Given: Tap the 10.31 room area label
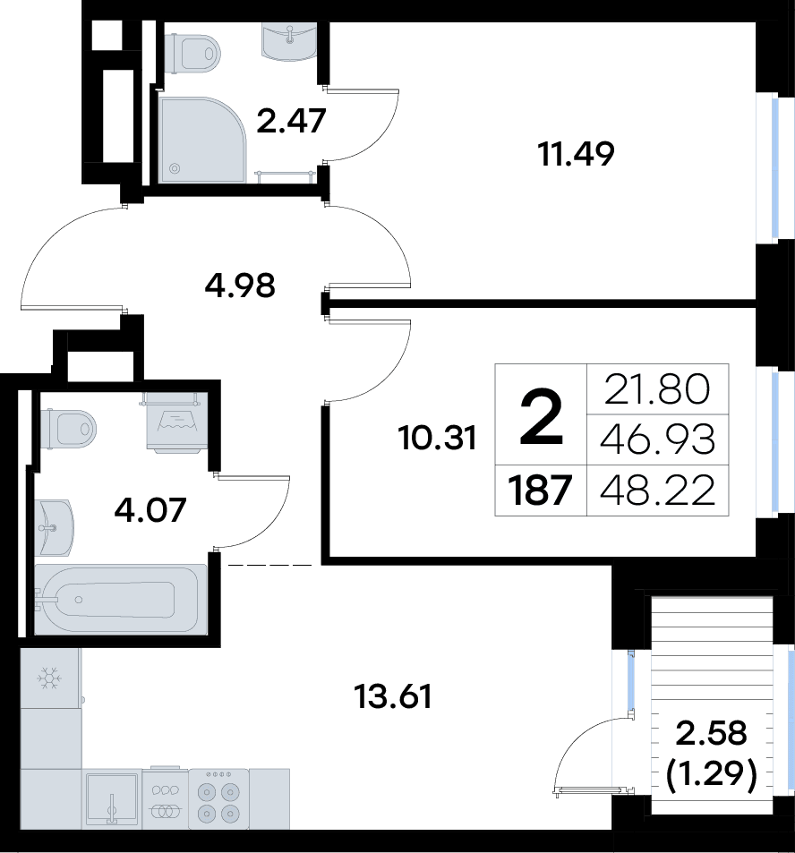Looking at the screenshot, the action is pos(438,438).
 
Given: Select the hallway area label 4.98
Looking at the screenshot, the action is pos(240,286).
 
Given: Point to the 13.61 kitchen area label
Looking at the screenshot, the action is pos(393,697).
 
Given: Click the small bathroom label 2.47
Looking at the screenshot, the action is pos(291,121).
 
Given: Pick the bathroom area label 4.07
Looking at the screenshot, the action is pos(150,510).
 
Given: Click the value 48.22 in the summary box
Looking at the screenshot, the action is pos(657,490).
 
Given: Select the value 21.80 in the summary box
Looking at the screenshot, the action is pos(657,389).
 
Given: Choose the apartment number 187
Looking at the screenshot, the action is pos(540,490).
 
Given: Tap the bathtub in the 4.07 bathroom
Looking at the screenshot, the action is pos(121,600).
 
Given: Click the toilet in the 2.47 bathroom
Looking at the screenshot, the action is pos(193,54).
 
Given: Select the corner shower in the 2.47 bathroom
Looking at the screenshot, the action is pos(201,140).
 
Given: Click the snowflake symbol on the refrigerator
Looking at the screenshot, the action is pos(49,678).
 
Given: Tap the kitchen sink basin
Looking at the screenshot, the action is pos(112,799).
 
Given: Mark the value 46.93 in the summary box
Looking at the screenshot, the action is pos(657,439).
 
